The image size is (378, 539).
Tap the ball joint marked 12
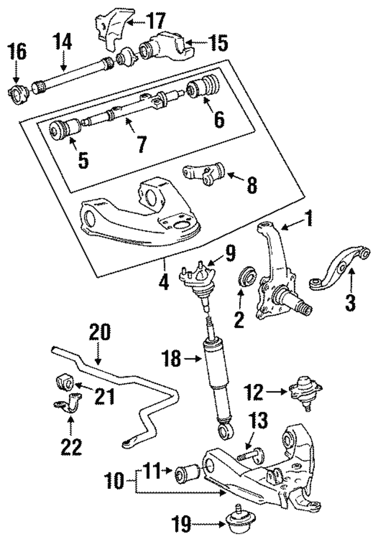coord(304,390)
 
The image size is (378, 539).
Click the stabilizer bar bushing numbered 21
coord(67,382)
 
